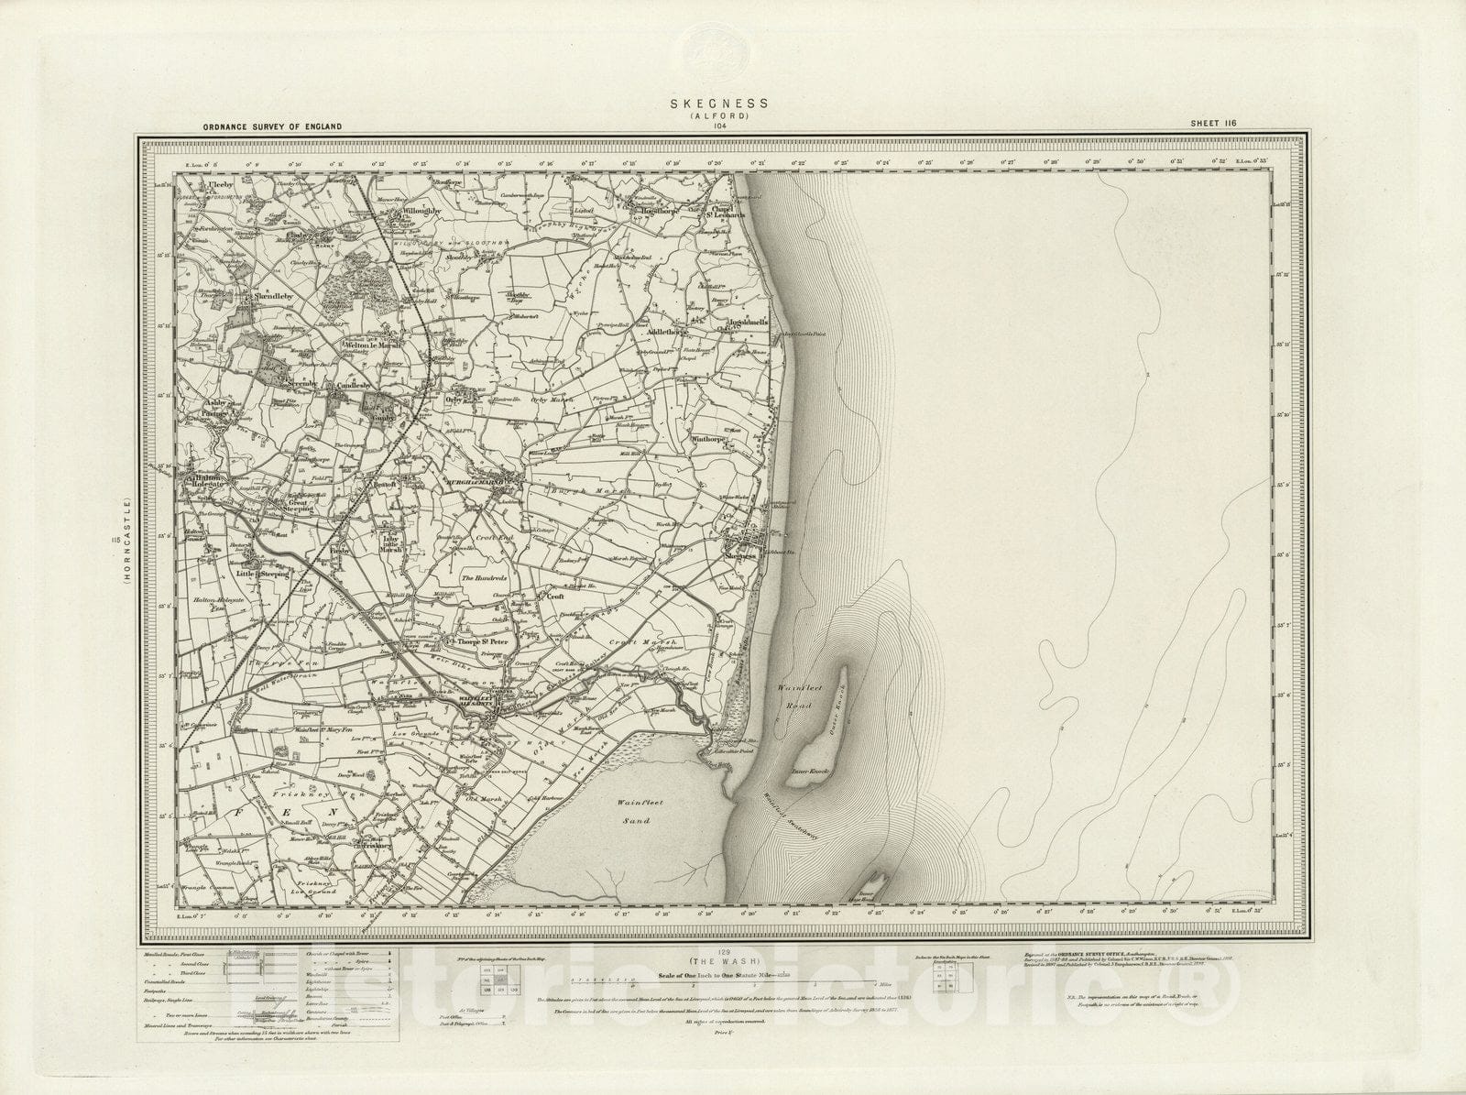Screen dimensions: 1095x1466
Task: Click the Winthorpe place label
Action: pyautogui.click(x=714, y=439)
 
